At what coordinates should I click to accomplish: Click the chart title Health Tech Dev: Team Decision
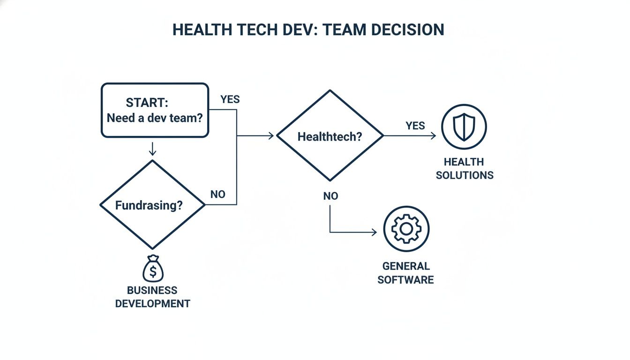[308, 30]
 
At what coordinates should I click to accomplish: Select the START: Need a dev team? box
[155, 111]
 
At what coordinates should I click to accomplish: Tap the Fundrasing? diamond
[152, 205]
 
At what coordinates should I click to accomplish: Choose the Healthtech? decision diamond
[330, 136]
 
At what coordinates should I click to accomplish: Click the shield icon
[464, 127]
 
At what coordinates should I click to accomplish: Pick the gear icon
[406, 229]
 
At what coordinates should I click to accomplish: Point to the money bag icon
[153, 269]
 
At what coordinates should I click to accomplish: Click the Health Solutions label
[465, 169]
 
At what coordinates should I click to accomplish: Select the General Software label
[406, 273]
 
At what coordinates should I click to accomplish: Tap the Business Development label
[153, 297]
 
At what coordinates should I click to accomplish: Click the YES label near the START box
[230, 99]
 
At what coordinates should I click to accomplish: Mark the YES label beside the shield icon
[415, 126]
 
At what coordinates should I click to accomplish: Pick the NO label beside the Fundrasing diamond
[218, 194]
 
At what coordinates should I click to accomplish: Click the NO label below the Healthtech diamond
[330, 196]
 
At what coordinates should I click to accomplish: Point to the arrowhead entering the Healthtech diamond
[270, 136]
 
